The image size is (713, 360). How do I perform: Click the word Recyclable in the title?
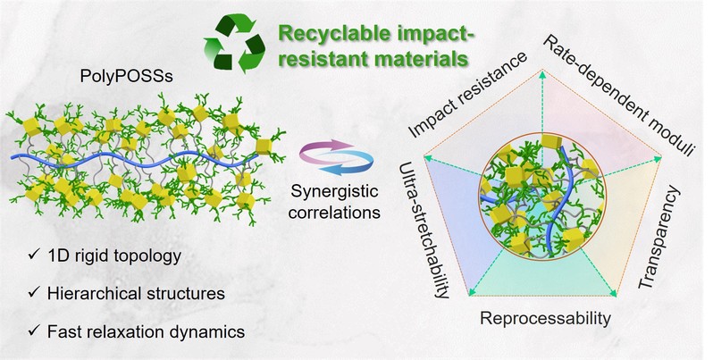point(327,35)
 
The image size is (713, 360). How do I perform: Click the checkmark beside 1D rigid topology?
point(32,256)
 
